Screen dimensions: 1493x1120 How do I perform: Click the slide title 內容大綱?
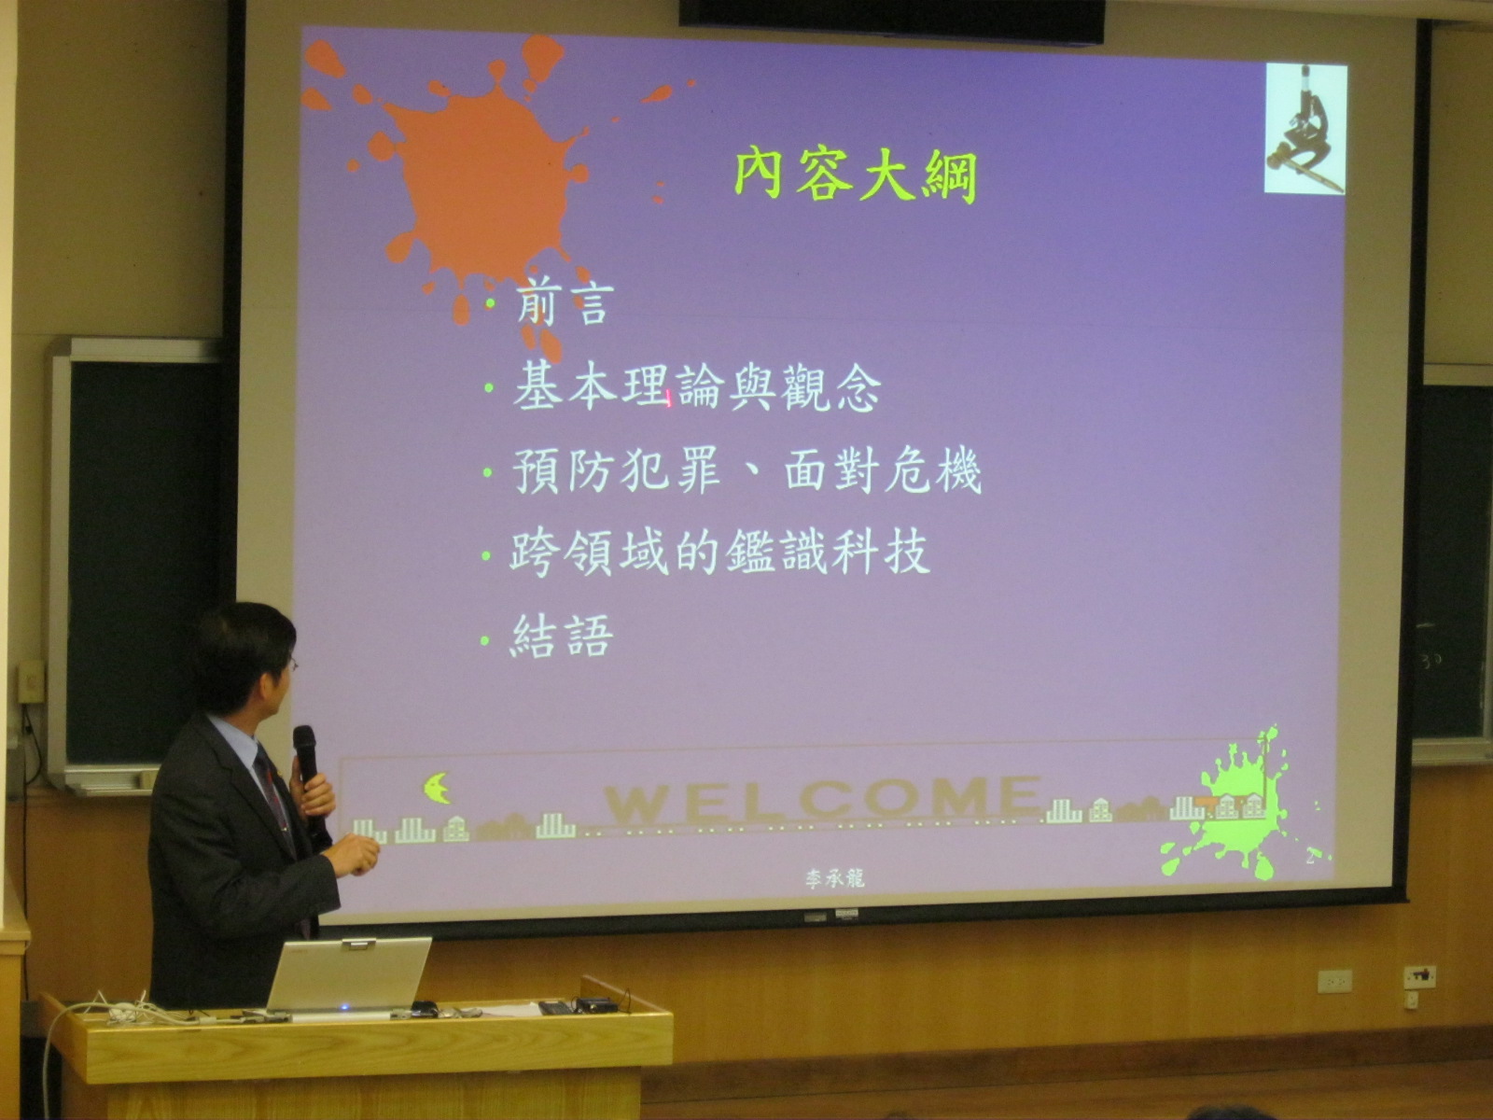856,176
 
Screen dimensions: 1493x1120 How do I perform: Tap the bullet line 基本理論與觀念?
697,387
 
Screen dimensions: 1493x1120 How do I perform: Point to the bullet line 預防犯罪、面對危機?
746,470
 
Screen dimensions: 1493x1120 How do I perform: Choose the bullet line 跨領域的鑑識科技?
719,553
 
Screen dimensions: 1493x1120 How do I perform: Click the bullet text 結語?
561,637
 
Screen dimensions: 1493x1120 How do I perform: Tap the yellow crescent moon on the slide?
437,788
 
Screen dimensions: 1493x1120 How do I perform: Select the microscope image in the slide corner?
1305,129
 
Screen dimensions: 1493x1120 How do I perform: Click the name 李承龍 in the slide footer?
834,878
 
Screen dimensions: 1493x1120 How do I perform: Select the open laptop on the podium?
347,977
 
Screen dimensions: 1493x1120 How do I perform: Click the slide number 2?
1309,859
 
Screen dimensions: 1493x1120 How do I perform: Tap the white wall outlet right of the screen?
1334,981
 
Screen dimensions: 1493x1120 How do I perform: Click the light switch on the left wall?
32,680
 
